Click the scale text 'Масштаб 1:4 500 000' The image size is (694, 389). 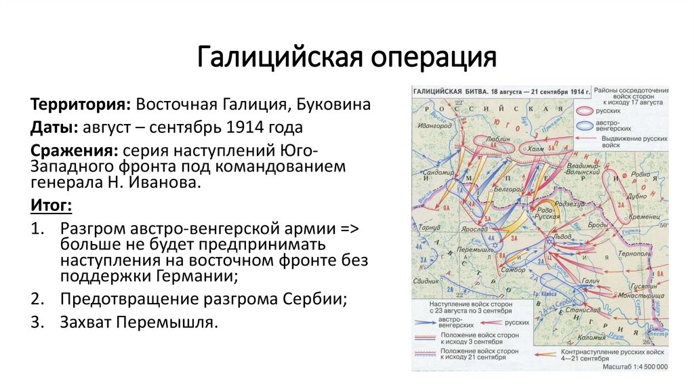tap(633, 367)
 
